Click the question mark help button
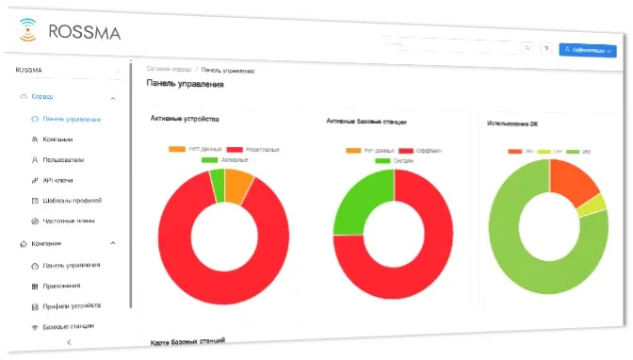pos(545,48)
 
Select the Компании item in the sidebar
pos(57,139)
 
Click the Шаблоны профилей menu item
pos(72,201)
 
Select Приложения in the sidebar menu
pos(61,286)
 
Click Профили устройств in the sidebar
pos(72,306)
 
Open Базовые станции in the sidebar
pos(69,327)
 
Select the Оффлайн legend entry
pos(425,151)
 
